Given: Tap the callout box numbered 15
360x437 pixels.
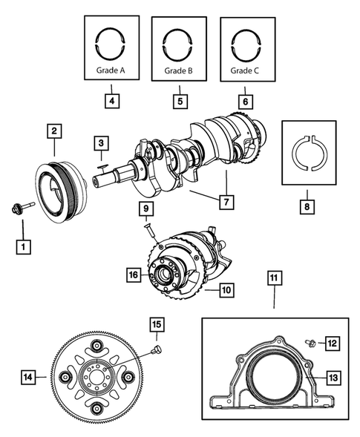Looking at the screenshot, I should pyautogui.click(x=156, y=323).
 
